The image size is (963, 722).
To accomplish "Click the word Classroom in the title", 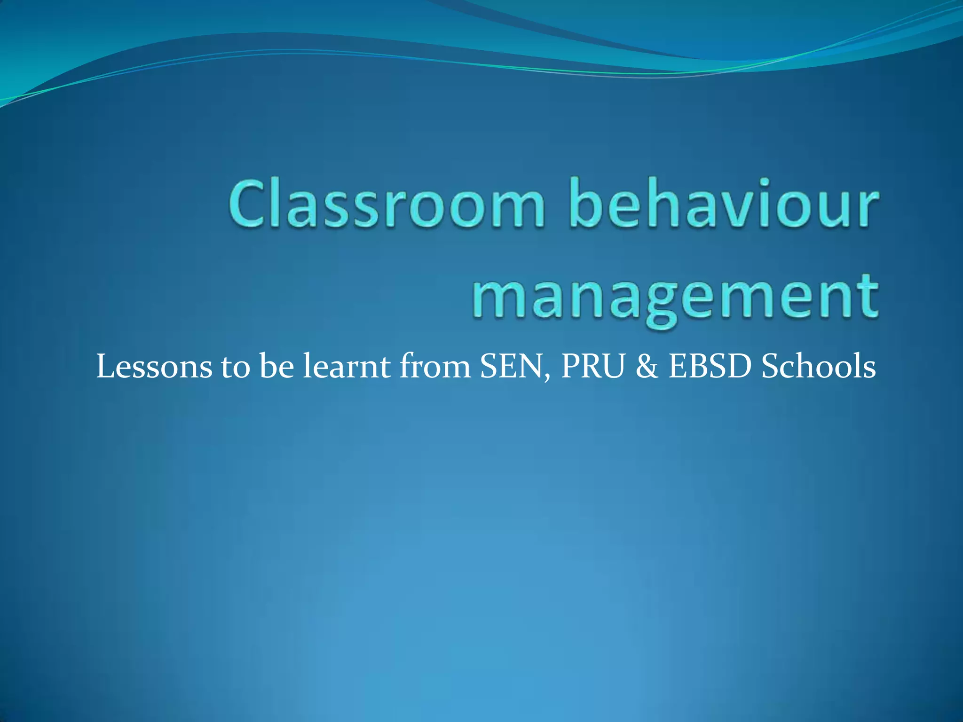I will [x=387, y=203].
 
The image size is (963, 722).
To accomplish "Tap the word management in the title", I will [x=675, y=296].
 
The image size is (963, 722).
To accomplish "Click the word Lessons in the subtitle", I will [x=154, y=367].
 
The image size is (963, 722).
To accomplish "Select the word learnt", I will [x=346, y=367].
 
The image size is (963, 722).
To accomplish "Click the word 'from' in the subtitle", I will [x=435, y=367].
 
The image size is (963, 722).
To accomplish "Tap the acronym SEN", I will [x=513, y=367].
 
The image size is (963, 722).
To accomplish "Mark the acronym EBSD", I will [x=710, y=367].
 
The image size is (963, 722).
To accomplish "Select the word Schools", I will [x=818, y=367].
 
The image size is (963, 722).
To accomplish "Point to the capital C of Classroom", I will [x=249, y=203].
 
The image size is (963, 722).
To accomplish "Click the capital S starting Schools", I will [x=771, y=367].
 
